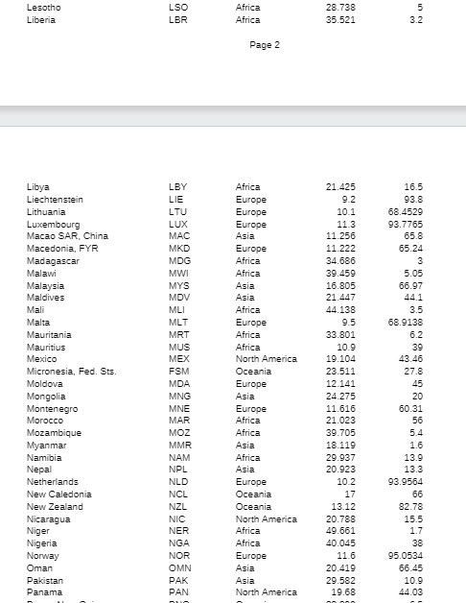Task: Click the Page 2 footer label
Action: click(264, 45)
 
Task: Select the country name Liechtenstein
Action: click(55, 199)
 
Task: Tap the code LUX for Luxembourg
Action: click(177, 224)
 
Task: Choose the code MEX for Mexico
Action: click(178, 358)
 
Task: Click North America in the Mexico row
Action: click(266, 358)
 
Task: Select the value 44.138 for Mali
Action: click(340, 309)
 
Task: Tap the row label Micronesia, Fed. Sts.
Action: click(71, 371)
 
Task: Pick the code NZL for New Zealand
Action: click(177, 506)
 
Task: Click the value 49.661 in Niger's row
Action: click(340, 530)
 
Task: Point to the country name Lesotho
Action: click(43, 7)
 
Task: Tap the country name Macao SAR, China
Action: click(67, 235)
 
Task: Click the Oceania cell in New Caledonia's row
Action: click(253, 494)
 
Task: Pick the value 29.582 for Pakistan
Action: click(340, 580)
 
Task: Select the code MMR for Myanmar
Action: click(178, 445)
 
